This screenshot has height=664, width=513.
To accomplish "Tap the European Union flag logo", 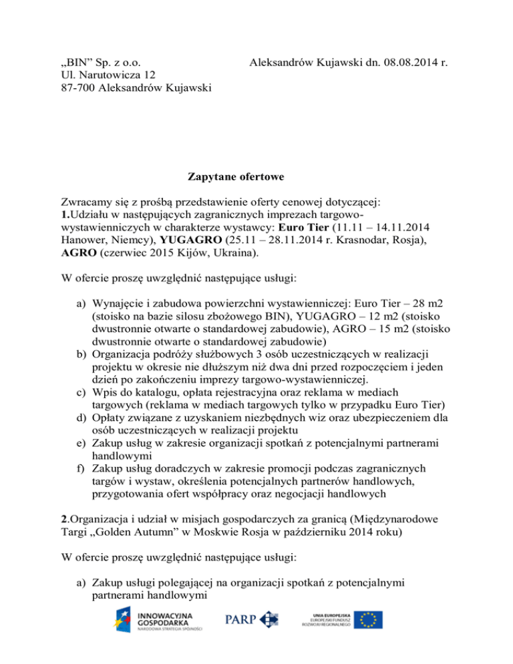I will (x=368, y=619).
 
